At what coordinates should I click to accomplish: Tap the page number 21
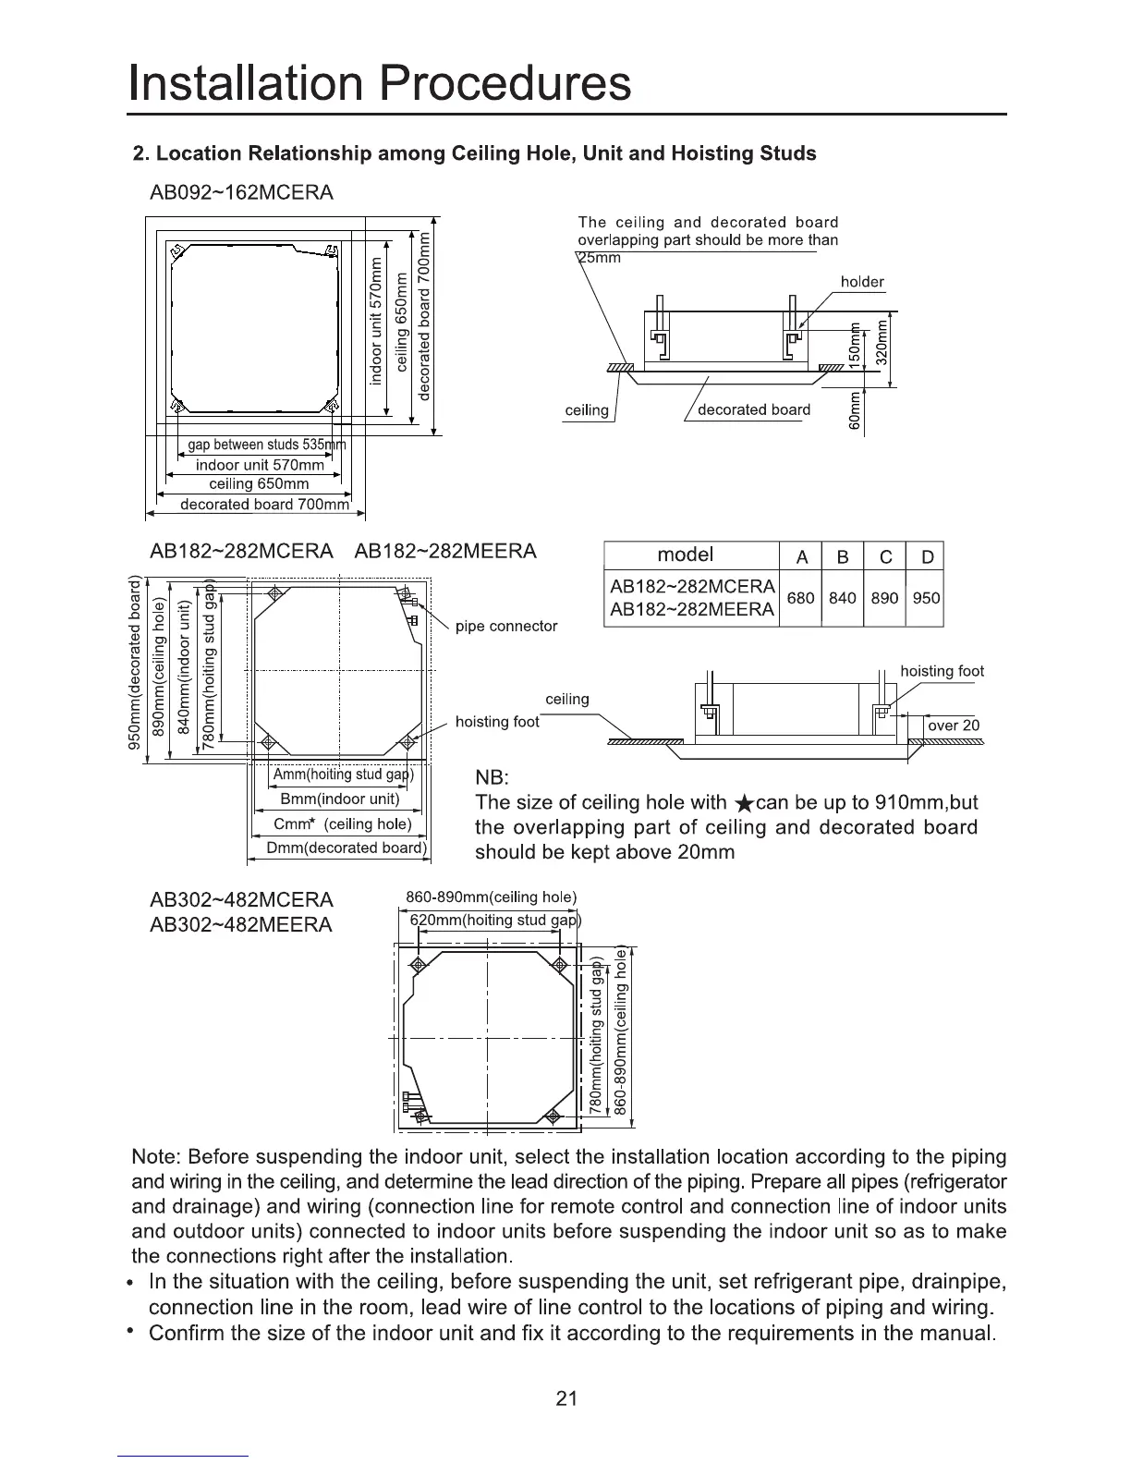click(x=566, y=1398)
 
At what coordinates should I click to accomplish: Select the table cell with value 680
click(x=800, y=598)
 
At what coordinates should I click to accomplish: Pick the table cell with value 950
click(x=926, y=598)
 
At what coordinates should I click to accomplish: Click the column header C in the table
click(x=885, y=556)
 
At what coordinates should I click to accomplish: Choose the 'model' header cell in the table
click(x=685, y=555)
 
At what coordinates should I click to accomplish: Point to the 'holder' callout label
click(x=862, y=282)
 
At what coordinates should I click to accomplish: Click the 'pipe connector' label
click(x=506, y=627)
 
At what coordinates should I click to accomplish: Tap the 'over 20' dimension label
click(x=954, y=726)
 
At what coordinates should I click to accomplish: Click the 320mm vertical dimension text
click(x=882, y=343)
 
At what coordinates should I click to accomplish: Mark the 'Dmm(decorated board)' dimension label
click(x=346, y=848)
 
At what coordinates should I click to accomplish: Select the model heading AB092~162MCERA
click(x=241, y=193)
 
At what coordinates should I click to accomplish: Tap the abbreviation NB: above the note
click(x=492, y=776)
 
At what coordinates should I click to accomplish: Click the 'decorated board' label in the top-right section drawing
click(x=754, y=409)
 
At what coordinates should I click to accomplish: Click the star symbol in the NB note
click(x=741, y=803)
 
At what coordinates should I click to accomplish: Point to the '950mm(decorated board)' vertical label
click(x=137, y=663)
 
